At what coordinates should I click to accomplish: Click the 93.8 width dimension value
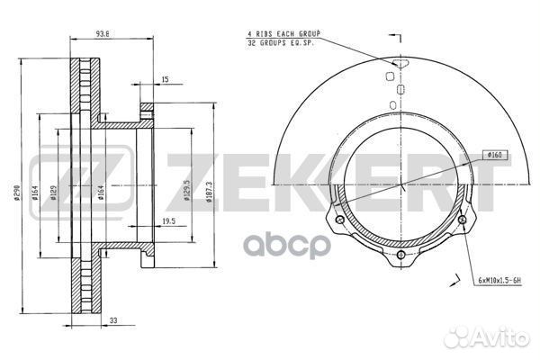click(x=103, y=34)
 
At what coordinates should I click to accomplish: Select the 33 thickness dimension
click(x=113, y=320)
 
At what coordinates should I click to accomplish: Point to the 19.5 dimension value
click(x=169, y=221)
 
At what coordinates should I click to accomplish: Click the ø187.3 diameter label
click(x=210, y=192)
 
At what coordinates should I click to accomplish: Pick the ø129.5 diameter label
click(x=187, y=190)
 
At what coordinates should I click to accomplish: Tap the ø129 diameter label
click(x=53, y=193)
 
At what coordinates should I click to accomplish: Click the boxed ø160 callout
click(x=494, y=156)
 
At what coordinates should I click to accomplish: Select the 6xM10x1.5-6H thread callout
click(x=499, y=281)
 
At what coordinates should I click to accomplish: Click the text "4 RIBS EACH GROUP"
click(x=283, y=34)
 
